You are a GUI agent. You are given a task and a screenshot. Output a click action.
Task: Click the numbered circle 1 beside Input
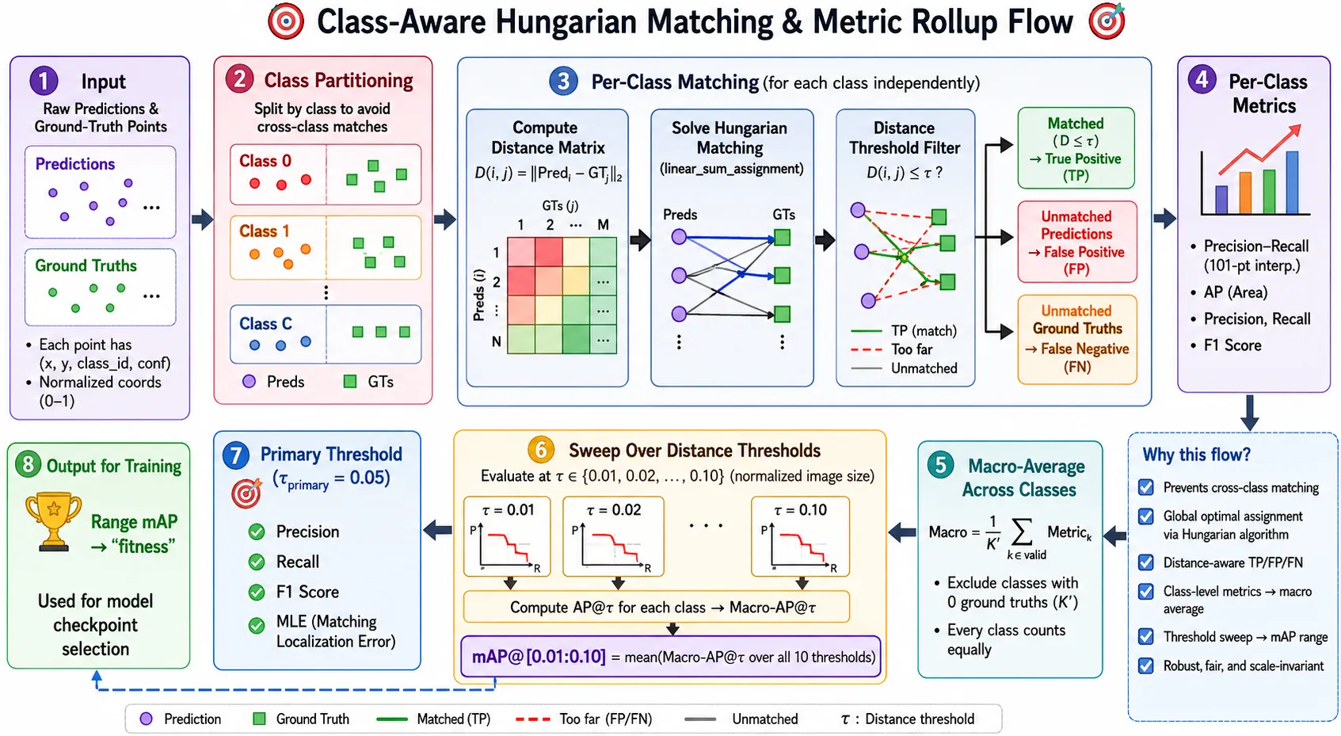coord(44,81)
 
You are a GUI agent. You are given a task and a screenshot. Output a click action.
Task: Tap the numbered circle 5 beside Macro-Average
coord(940,465)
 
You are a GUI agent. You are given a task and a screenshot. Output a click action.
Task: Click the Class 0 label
coord(265,161)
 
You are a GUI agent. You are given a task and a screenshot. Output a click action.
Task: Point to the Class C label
coord(266,324)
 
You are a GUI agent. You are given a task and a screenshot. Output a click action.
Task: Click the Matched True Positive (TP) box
coord(1076,148)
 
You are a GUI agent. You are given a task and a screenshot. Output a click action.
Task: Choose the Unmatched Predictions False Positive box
coord(1077,242)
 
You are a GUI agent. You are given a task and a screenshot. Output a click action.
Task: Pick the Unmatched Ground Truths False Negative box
coord(1077,339)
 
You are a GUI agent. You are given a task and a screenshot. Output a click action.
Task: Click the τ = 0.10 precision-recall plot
coord(801,536)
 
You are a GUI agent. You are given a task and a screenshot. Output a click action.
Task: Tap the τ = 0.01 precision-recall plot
coord(507,536)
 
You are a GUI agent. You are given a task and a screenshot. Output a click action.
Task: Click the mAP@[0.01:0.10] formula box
coord(670,657)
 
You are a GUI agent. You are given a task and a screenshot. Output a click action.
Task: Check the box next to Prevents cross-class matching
coord(1146,487)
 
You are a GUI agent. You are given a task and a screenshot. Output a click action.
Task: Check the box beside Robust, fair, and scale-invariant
coord(1146,665)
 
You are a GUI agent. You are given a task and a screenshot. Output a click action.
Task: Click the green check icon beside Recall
coord(257,562)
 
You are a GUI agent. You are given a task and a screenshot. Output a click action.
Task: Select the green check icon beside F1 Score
coord(257,593)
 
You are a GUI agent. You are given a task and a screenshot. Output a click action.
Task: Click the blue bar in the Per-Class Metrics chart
coord(1292,183)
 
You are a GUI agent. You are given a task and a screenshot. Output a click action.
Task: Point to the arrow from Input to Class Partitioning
coord(202,219)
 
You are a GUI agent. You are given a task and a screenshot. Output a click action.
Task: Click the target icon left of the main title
coord(286,22)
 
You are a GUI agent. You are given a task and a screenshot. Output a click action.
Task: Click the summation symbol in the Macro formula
coord(1021,531)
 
